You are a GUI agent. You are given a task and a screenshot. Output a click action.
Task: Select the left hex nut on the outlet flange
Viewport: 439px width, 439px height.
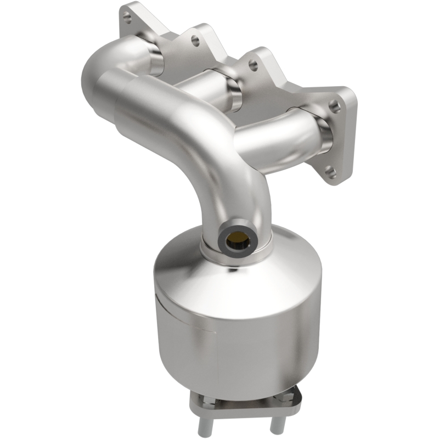204,404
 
